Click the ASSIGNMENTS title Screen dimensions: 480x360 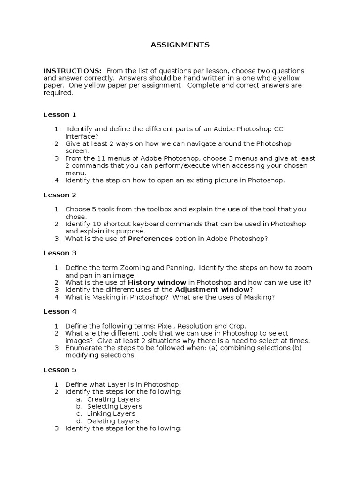tap(180, 45)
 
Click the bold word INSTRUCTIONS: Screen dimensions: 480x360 tap(73, 71)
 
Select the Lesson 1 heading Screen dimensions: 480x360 tap(60, 115)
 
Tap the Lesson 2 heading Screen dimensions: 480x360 tap(60, 195)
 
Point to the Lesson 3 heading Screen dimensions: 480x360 tap(60, 253)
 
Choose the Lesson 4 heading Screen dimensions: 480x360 tap(60, 311)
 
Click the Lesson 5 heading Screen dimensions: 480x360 tap(60, 370)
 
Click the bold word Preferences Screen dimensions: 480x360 tap(150, 239)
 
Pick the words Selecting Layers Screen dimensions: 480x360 tap(114, 406)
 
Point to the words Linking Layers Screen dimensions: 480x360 tap(111, 414)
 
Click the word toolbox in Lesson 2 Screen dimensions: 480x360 tap(155, 210)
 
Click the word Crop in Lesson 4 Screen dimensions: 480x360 tap(237, 326)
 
